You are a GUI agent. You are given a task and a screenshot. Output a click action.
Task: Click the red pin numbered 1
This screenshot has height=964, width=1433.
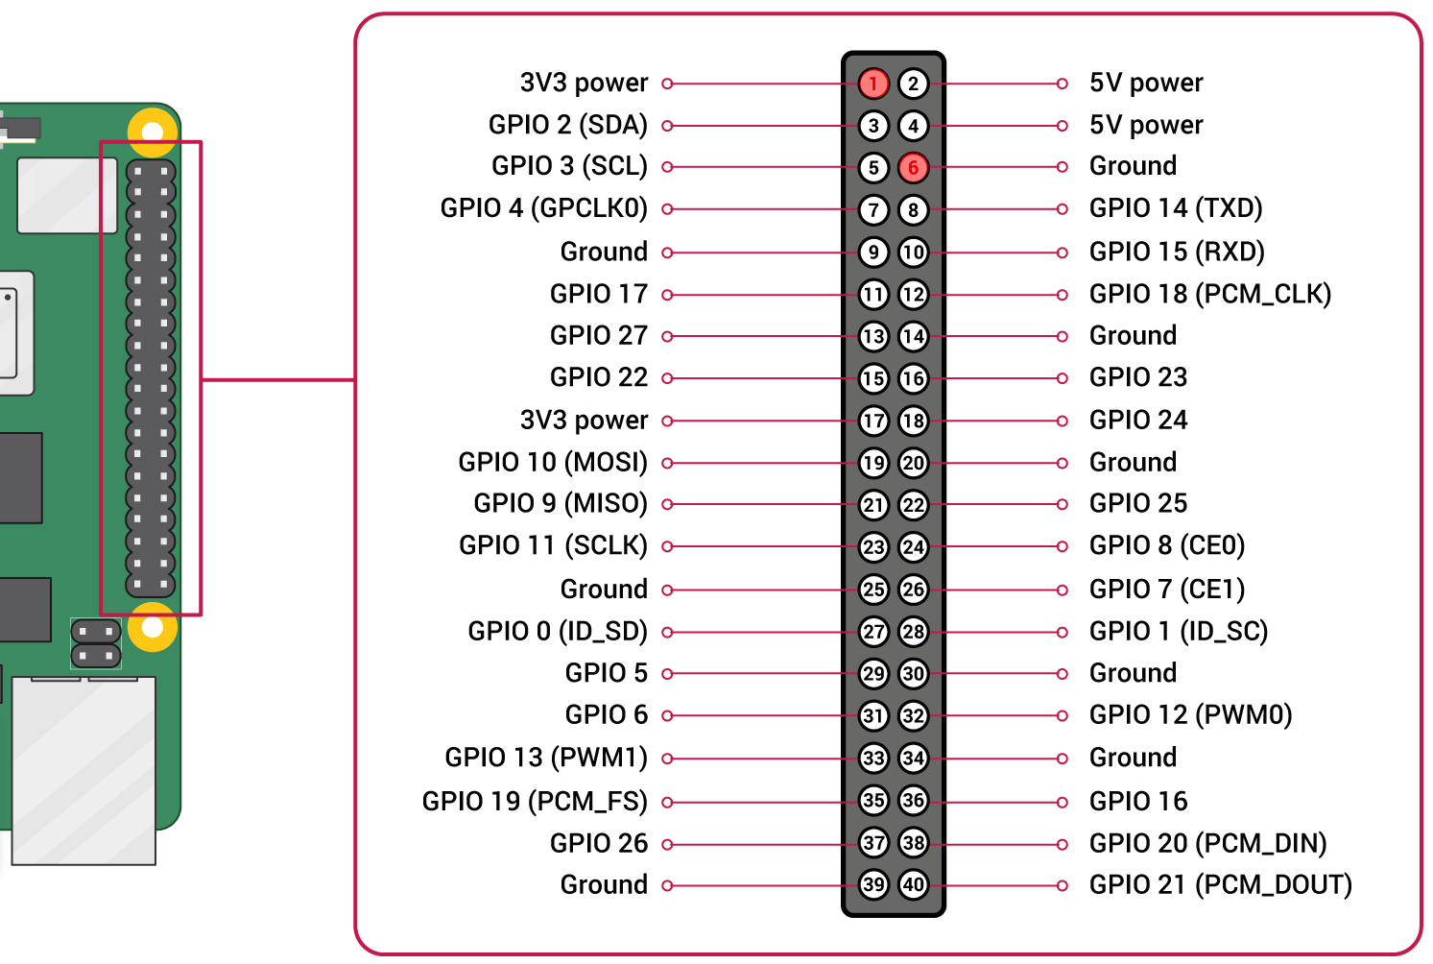(x=873, y=84)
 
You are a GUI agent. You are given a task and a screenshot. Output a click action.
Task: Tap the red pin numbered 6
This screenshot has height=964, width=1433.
(x=913, y=167)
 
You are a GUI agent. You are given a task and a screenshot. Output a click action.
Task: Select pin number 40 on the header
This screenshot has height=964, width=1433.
(x=913, y=884)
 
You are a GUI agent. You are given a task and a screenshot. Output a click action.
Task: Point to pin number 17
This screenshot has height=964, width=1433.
(x=873, y=421)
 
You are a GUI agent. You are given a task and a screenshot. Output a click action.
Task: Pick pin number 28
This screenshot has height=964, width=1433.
(x=913, y=632)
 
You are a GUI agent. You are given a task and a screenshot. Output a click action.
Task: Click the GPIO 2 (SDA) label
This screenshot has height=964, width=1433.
(x=567, y=125)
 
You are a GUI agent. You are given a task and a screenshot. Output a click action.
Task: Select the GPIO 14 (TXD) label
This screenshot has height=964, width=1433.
(x=1176, y=208)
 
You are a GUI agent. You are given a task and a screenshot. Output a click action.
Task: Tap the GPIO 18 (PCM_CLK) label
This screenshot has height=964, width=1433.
(x=1209, y=294)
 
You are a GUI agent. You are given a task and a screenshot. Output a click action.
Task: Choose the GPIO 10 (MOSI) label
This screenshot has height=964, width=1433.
(x=553, y=462)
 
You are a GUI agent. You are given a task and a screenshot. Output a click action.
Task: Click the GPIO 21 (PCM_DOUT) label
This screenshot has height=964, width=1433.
(x=1220, y=884)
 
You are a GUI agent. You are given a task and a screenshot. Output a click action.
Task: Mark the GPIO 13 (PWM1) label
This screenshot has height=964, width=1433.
(x=546, y=758)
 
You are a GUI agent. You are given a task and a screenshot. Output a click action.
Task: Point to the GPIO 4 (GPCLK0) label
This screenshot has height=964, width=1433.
(x=543, y=208)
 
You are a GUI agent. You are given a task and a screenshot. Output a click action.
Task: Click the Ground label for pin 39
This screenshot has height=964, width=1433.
(x=604, y=884)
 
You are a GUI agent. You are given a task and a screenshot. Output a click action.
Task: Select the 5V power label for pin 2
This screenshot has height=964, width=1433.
(x=1146, y=84)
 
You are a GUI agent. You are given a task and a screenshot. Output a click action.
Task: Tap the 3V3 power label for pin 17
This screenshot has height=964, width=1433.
(x=584, y=421)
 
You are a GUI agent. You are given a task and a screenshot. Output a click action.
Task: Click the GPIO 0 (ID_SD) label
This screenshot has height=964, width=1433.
(x=558, y=632)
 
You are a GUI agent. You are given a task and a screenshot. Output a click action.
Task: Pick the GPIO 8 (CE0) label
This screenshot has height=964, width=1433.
(x=1166, y=545)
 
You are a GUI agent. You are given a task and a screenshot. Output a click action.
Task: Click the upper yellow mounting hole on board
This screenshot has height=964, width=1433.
(x=153, y=131)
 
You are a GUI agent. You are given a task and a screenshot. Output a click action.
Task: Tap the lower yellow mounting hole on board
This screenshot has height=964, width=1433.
(x=153, y=627)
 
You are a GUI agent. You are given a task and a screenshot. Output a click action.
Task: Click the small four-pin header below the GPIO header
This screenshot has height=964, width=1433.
(x=96, y=644)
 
